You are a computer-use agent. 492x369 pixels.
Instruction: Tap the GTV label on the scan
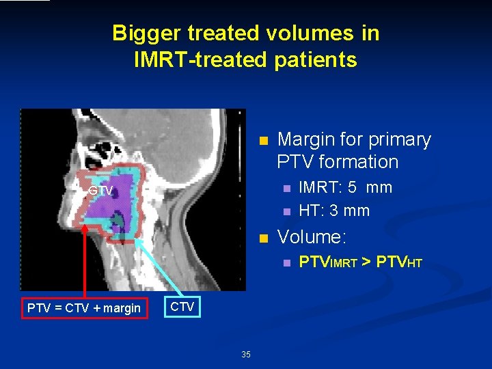click(x=100, y=191)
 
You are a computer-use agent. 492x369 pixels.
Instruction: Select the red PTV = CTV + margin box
click(x=84, y=308)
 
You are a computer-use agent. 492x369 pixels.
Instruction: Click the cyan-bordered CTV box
click(x=181, y=307)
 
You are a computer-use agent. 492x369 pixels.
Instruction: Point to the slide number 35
click(x=246, y=354)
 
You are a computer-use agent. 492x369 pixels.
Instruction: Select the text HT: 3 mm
click(x=334, y=210)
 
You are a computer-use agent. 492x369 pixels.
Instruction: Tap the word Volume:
click(x=312, y=237)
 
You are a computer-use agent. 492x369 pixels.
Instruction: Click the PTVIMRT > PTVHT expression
click(x=361, y=262)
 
